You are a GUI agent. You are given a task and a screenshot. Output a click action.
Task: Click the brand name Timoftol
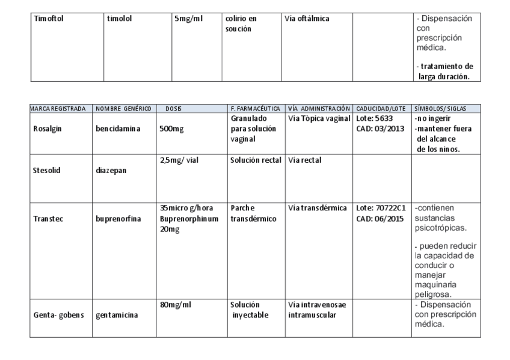point(48,19)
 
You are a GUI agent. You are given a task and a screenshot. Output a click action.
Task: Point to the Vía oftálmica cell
point(307,19)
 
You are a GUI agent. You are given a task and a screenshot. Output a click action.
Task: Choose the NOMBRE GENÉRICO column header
point(123,108)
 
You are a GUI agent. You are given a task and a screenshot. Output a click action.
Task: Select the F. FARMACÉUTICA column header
point(255,108)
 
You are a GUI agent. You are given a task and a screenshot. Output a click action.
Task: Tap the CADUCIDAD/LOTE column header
point(381,108)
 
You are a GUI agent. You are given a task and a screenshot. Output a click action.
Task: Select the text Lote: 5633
point(375,118)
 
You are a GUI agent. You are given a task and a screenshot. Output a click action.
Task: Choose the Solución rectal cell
point(256,160)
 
